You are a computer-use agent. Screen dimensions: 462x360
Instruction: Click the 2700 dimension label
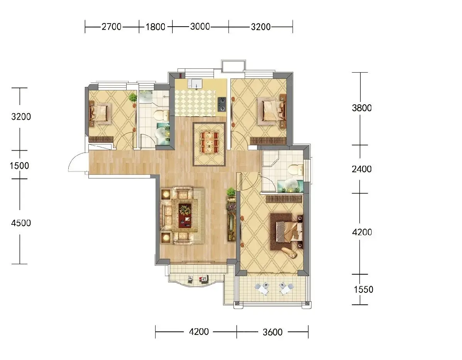(112, 27)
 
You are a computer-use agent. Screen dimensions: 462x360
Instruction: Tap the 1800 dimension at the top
(156, 27)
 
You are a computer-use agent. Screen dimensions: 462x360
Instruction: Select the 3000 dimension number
(200, 27)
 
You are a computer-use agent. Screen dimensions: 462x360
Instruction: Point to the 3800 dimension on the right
(362, 108)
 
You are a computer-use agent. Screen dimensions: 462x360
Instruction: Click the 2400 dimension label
(362, 169)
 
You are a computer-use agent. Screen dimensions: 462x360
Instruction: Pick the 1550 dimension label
(364, 290)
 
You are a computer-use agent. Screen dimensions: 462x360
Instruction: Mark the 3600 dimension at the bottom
(272, 332)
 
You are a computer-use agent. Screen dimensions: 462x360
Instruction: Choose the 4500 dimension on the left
(21, 223)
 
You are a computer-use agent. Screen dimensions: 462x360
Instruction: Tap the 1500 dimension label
(19, 166)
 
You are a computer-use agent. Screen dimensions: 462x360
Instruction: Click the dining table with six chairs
(210, 143)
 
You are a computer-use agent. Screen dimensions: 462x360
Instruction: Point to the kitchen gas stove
(222, 104)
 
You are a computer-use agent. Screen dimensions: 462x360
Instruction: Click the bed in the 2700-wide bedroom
(99, 113)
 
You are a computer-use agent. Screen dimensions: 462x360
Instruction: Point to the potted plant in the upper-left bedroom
(133, 98)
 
